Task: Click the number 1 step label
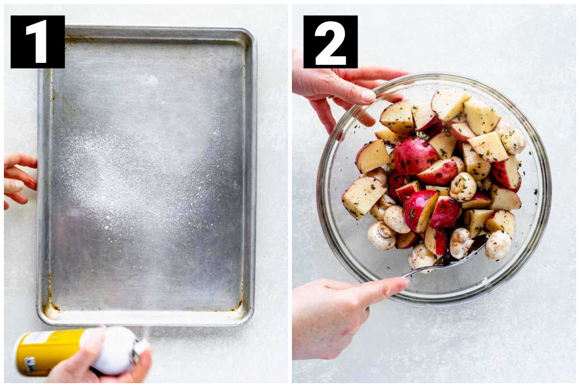click(38, 42)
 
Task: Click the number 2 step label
click(331, 42)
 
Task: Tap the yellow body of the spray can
click(49, 353)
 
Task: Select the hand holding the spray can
click(99, 363)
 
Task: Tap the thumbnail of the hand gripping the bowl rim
click(368, 95)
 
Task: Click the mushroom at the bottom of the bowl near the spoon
click(421, 258)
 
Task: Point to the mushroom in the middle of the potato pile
click(463, 187)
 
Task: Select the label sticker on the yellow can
click(30, 364)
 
